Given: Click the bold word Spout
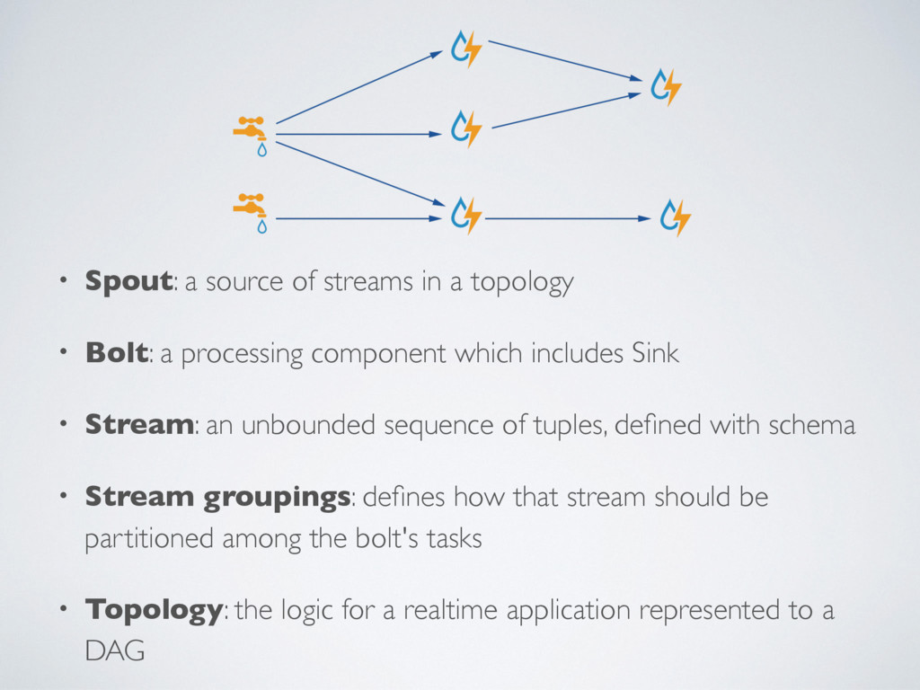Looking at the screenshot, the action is tap(128, 282).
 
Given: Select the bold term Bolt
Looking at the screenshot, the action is tap(116, 353).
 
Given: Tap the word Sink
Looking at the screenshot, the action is tap(656, 353).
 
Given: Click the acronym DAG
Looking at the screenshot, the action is tap(114, 651).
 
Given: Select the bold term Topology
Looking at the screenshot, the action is tap(153, 612).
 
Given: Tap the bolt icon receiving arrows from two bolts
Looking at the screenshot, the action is tap(666, 86).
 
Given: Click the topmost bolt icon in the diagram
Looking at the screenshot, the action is tap(466, 49).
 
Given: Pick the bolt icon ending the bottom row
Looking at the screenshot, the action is tap(675, 218).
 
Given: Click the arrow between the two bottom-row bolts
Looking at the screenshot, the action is tap(566, 218).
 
